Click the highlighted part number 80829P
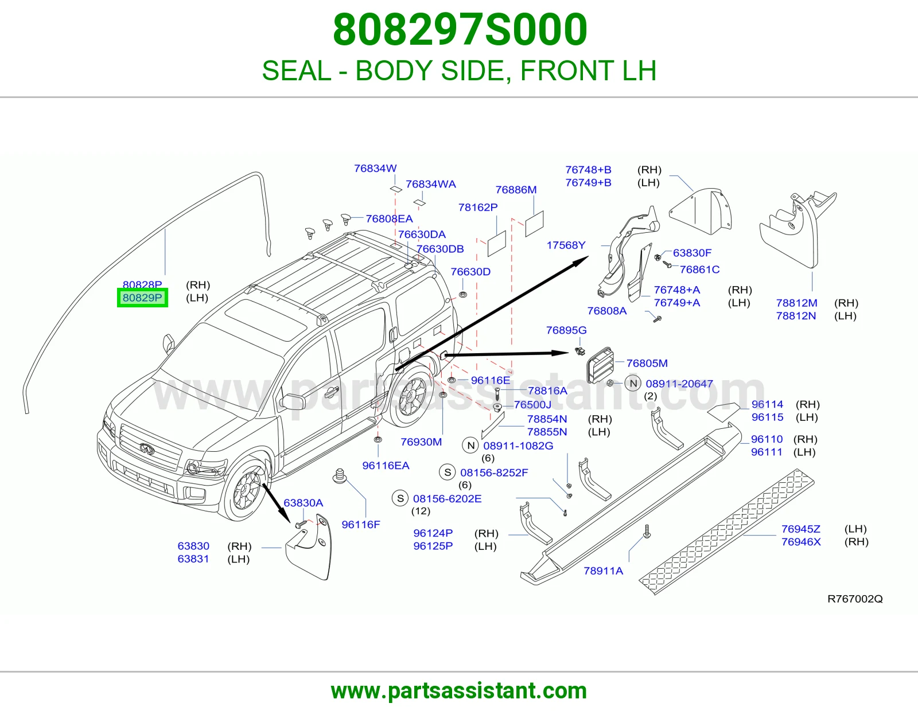(142, 298)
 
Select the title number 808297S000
(460, 29)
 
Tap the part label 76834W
(375, 169)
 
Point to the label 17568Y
(566, 245)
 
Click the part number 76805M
(647, 363)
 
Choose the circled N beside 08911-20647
(633, 384)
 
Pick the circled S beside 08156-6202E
(400, 498)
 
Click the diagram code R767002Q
(855, 599)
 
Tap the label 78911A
(603, 571)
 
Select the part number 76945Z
(800, 529)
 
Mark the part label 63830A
(303, 503)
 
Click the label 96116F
(361, 525)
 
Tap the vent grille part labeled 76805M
(600, 365)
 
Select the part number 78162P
(478, 208)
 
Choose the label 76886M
(516, 190)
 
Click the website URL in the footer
(459, 691)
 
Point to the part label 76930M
(421, 442)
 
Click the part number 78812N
(796, 316)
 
